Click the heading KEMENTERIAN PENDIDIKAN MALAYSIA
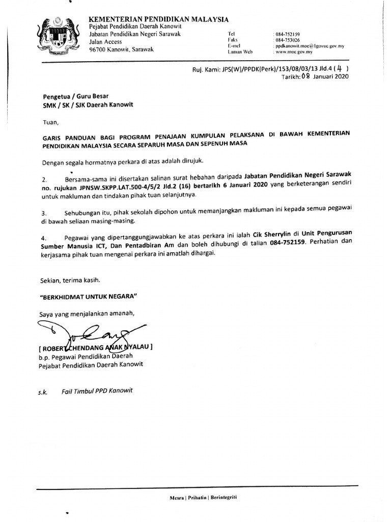point(159,19)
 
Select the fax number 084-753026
point(288,40)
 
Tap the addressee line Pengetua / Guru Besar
point(72,96)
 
